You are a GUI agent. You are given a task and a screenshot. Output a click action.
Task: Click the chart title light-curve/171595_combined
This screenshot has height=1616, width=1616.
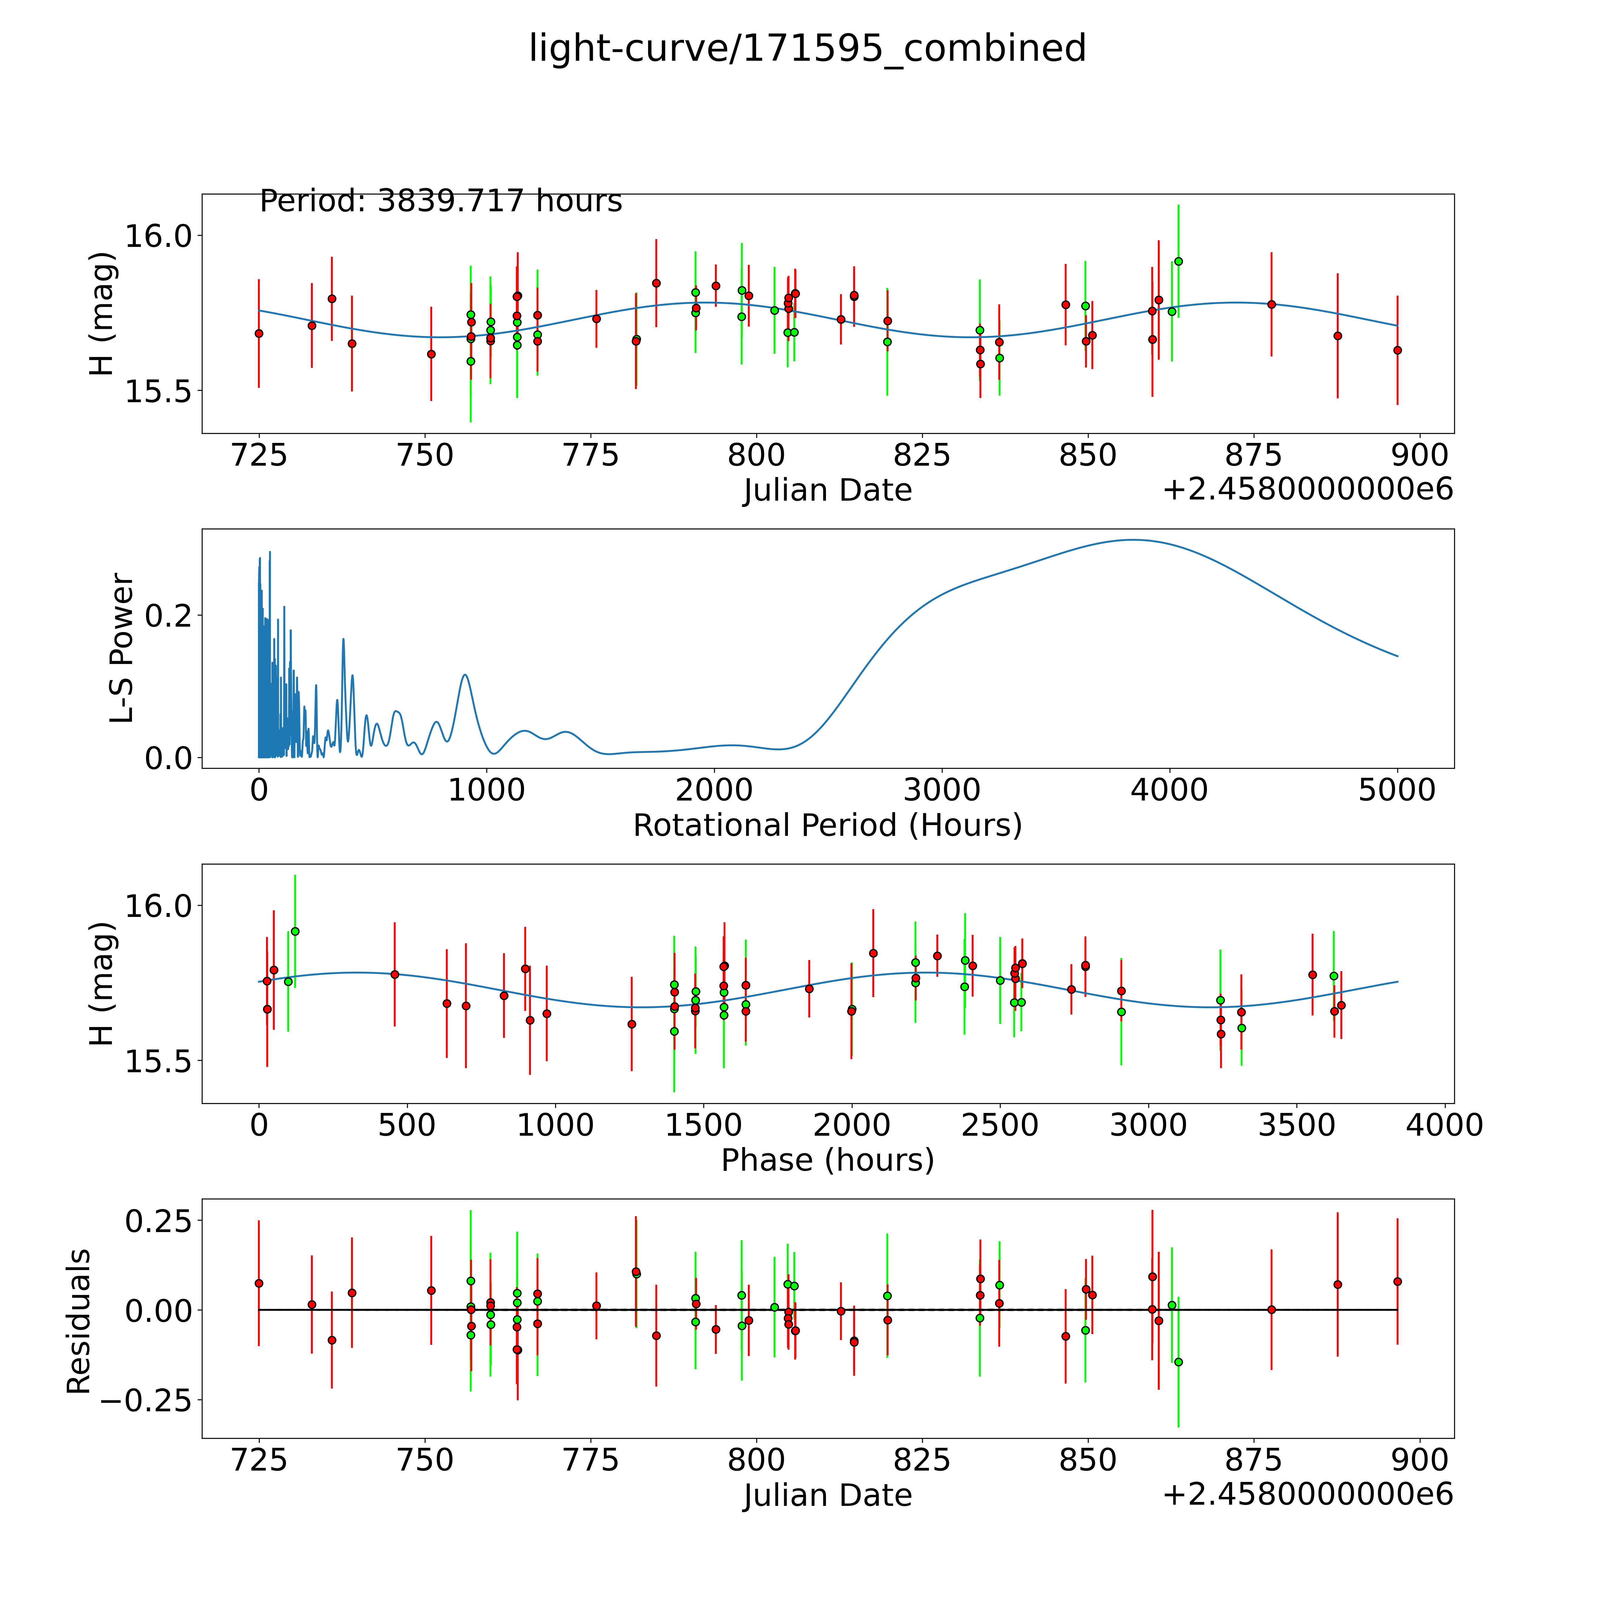[807, 48]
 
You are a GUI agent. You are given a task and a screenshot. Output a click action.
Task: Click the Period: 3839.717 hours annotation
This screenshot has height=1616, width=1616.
[441, 202]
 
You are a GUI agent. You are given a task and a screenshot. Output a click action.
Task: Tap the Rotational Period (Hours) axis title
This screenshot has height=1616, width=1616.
[827, 826]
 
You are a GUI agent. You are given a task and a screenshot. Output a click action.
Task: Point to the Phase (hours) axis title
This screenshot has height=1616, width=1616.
[827, 1160]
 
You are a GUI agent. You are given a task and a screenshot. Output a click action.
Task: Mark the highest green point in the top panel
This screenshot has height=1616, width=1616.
[1178, 261]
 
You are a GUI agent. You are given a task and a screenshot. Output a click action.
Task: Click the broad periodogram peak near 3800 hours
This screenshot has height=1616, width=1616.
[1133, 540]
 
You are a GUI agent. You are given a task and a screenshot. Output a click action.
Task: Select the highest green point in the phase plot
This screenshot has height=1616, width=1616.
[294, 931]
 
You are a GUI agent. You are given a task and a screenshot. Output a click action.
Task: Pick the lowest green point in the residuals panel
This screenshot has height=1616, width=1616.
[1178, 1362]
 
